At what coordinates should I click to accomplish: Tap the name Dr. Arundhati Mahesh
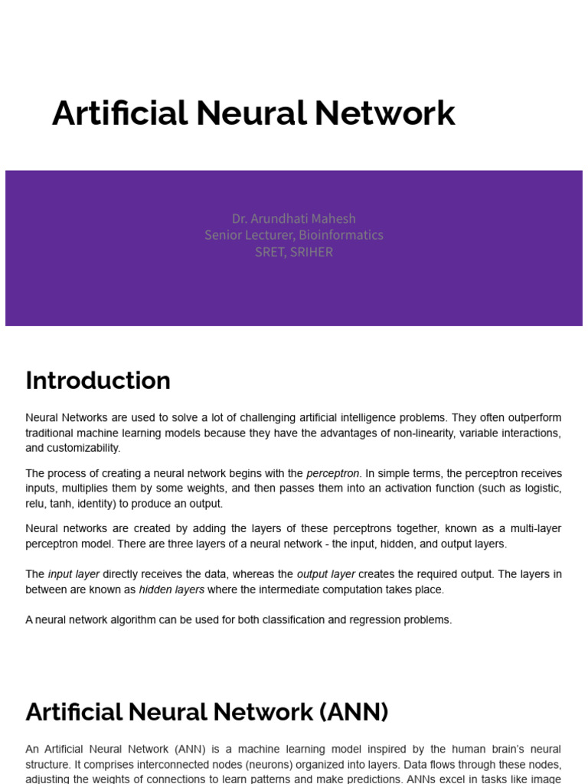[294, 218]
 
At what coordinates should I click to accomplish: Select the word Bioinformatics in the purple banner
[341, 235]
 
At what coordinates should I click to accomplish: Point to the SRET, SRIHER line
[294, 252]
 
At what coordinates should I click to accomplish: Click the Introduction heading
[98, 381]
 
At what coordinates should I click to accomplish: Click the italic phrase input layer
[73, 574]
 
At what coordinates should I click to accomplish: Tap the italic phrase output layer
[326, 574]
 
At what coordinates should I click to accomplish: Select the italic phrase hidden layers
[171, 590]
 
